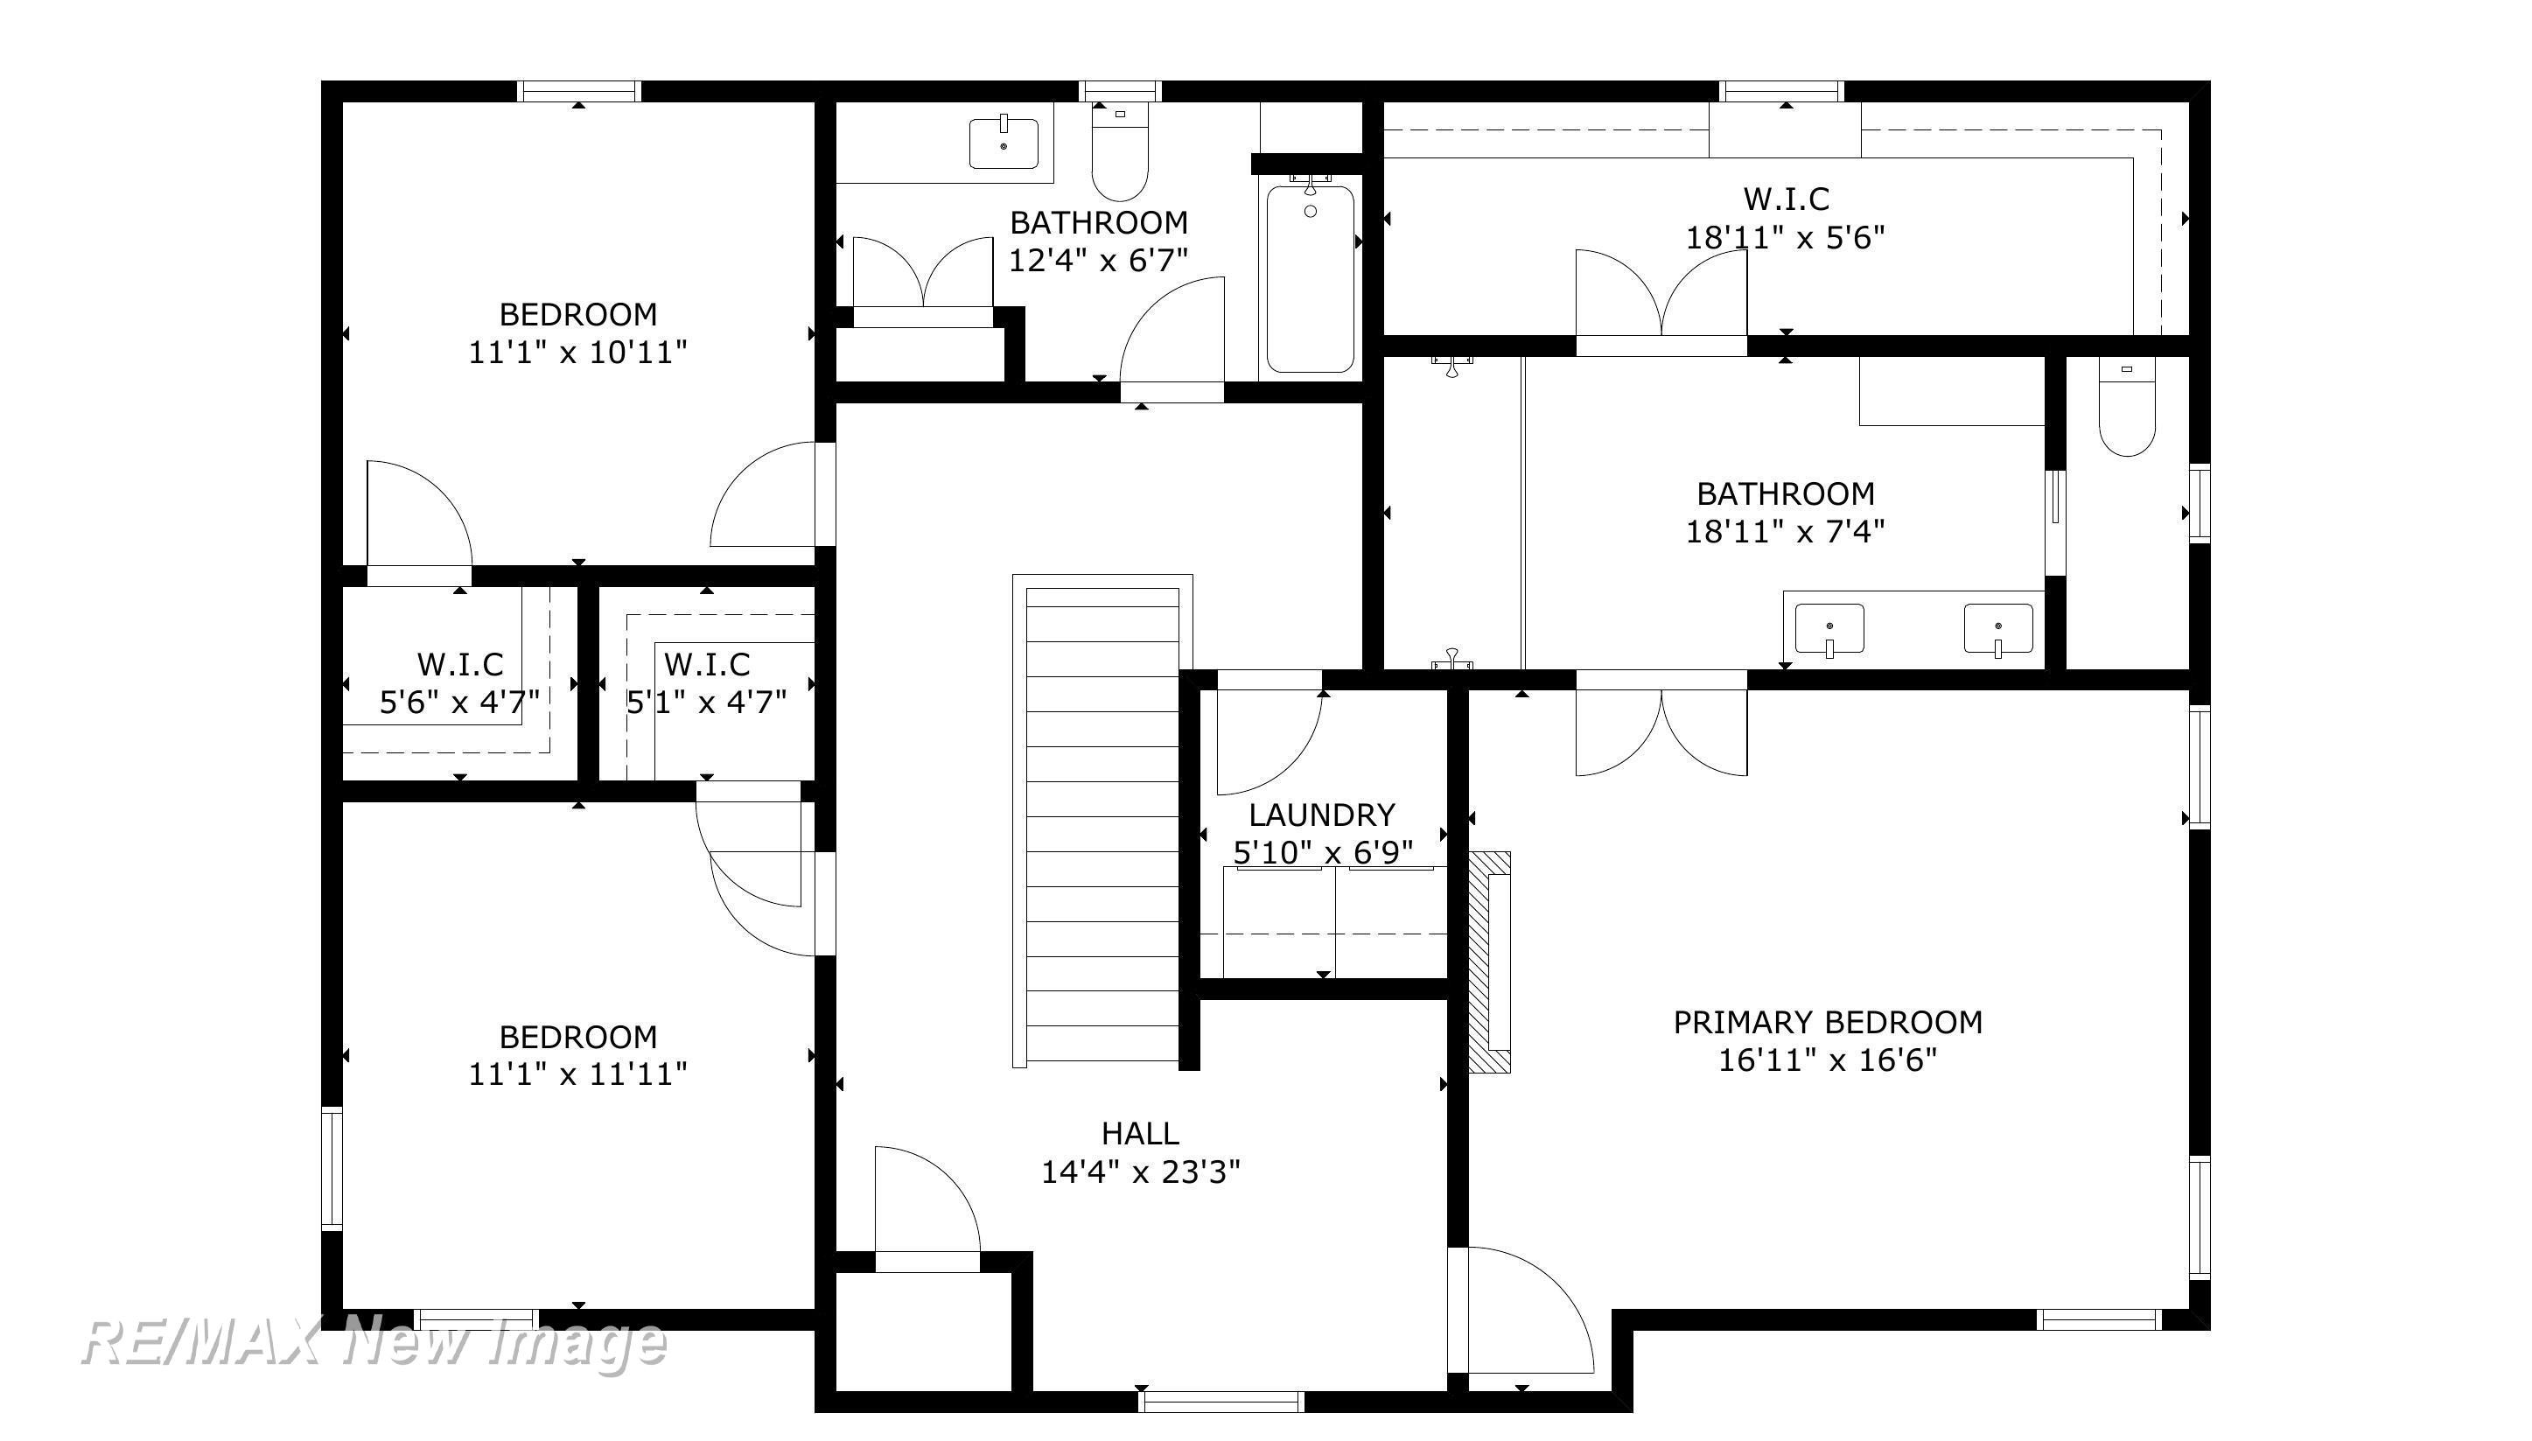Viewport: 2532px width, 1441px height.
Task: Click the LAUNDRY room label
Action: click(1321, 815)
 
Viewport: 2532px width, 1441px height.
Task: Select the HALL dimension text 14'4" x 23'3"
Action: click(1140, 1172)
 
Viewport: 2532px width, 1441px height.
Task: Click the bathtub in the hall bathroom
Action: click(1310, 278)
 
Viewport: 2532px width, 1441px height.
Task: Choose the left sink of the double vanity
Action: click(1829, 629)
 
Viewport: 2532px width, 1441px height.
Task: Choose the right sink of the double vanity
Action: click(1997, 629)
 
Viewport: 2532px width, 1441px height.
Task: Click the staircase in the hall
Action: click(1102, 821)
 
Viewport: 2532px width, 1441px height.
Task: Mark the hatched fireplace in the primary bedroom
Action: click(1489, 962)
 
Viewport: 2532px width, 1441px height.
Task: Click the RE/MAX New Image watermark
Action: click(373, 1343)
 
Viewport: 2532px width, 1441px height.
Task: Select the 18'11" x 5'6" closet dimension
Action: click(1785, 237)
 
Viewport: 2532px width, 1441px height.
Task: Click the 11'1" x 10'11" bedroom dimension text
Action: click(577, 353)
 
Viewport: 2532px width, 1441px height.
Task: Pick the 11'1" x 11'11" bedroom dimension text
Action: click(577, 1074)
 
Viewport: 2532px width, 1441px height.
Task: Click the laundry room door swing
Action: click(1269, 733)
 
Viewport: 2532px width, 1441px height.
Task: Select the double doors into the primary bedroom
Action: click(1661, 724)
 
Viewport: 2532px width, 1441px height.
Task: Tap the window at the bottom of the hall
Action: click(1221, 1402)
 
